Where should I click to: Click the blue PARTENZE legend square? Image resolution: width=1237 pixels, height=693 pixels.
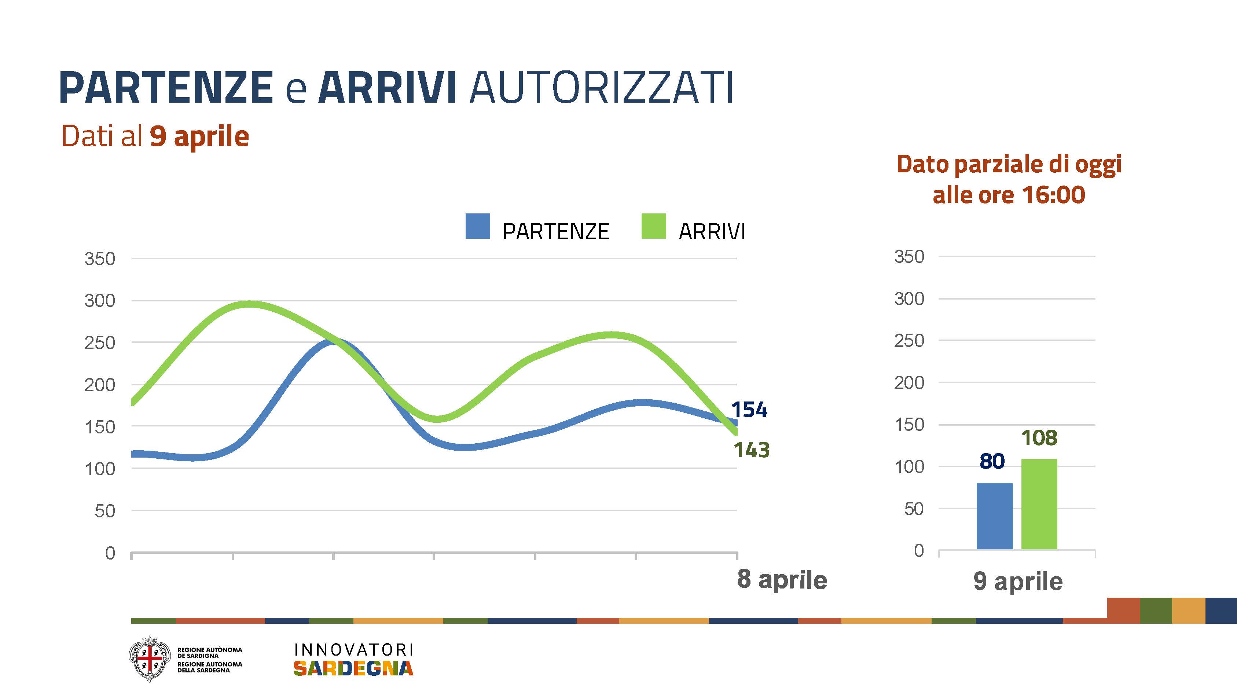pyautogui.click(x=477, y=226)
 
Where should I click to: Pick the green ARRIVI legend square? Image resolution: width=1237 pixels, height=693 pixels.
pyautogui.click(x=654, y=226)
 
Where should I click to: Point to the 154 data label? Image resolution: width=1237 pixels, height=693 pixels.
pyautogui.click(x=749, y=410)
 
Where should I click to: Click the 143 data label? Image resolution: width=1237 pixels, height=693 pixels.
pyautogui.click(x=752, y=450)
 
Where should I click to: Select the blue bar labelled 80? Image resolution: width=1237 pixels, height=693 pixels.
pyautogui.click(x=995, y=516)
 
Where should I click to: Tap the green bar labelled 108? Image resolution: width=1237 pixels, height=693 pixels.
pyautogui.click(x=1039, y=504)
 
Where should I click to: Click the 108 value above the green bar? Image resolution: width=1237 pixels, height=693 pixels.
pyautogui.click(x=1039, y=437)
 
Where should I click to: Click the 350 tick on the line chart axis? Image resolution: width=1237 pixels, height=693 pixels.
pyautogui.click(x=100, y=259)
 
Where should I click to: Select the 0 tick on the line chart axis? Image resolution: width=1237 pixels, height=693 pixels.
pyautogui.click(x=110, y=553)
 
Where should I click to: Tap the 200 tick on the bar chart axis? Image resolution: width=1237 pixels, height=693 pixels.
pyautogui.click(x=909, y=383)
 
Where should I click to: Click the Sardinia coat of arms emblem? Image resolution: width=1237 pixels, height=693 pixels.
pyautogui.click(x=149, y=659)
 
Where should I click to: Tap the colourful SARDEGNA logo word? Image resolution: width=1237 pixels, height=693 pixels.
pyautogui.click(x=353, y=668)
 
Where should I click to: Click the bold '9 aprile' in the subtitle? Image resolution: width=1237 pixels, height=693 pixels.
pyautogui.click(x=199, y=136)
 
